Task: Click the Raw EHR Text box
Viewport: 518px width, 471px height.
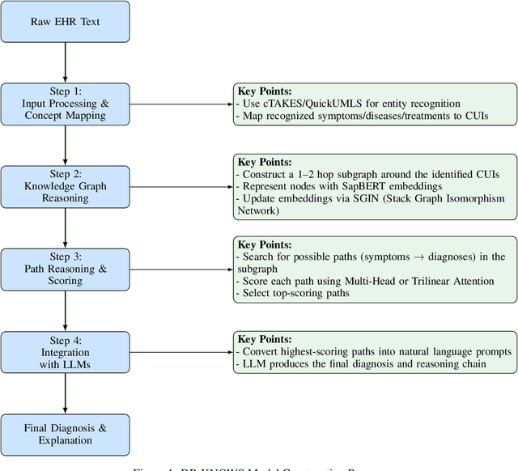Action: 65,22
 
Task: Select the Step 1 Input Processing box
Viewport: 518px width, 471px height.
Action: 65,104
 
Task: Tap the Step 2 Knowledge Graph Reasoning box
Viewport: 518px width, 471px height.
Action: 65,187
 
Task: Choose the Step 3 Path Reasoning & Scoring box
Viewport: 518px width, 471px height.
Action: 65,269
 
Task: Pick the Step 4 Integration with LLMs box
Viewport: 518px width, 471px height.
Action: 65,352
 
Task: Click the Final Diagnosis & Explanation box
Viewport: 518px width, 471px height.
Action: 65,435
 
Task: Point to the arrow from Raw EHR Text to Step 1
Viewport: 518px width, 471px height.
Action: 65,62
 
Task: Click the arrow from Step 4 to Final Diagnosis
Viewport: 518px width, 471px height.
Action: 65,393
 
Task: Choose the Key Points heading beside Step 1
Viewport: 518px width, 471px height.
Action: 263,91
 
